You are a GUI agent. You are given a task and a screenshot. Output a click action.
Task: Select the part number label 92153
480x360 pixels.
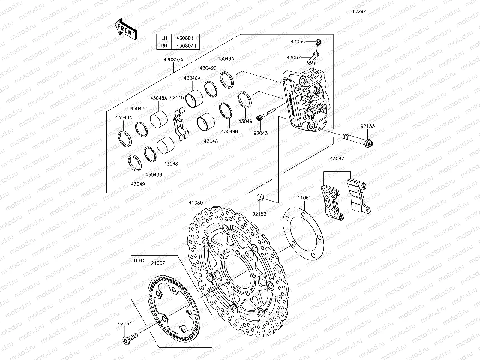[x=367, y=126]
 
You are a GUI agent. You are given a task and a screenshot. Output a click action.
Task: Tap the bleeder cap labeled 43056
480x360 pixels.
[x=318, y=42]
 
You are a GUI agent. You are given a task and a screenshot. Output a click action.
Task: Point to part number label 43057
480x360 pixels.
[x=302, y=57]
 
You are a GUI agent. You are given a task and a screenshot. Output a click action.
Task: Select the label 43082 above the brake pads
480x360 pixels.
[x=337, y=158]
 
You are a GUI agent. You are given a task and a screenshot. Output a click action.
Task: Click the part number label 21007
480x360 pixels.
[x=158, y=263]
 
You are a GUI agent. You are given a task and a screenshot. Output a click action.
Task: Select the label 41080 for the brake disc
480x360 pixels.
[x=196, y=203]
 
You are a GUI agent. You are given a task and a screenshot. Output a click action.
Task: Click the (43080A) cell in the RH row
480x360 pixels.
[x=185, y=46]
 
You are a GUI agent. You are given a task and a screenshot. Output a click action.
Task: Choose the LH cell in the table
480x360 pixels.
[x=164, y=38]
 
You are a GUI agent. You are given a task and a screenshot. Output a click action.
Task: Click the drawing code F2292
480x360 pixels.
[x=359, y=11]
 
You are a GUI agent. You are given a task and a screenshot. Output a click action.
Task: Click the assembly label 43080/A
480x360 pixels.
[x=173, y=60]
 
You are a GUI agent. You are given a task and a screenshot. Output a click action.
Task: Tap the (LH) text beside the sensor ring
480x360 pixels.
[x=139, y=260]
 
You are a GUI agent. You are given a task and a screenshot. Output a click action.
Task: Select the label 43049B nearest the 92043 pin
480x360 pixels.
[x=229, y=131]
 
